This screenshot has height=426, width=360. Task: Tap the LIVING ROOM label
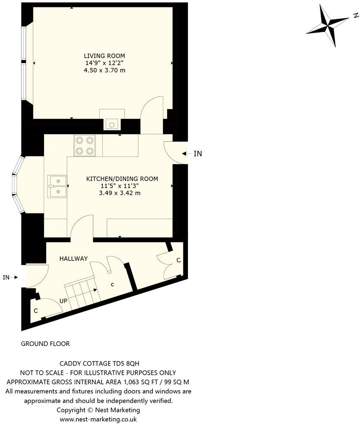click(x=104, y=56)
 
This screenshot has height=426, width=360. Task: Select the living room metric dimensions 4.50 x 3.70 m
click(x=104, y=71)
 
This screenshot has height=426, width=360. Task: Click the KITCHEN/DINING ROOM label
click(x=122, y=179)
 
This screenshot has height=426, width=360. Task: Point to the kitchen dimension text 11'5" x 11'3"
click(x=122, y=186)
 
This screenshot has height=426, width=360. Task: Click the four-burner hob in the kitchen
click(x=84, y=145)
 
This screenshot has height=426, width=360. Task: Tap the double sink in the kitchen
click(x=57, y=186)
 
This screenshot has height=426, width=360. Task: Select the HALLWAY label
click(x=73, y=259)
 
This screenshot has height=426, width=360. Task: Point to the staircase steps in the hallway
click(x=83, y=294)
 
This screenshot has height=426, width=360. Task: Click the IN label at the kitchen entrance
click(x=198, y=154)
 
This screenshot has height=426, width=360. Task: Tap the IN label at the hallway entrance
click(x=6, y=277)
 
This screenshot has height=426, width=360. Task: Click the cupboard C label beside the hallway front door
click(x=36, y=310)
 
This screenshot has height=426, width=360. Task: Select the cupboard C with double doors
click(x=178, y=260)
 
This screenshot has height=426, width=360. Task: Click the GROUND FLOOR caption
click(x=45, y=343)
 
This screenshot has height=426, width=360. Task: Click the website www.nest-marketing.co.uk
click(x=98, y=419)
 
